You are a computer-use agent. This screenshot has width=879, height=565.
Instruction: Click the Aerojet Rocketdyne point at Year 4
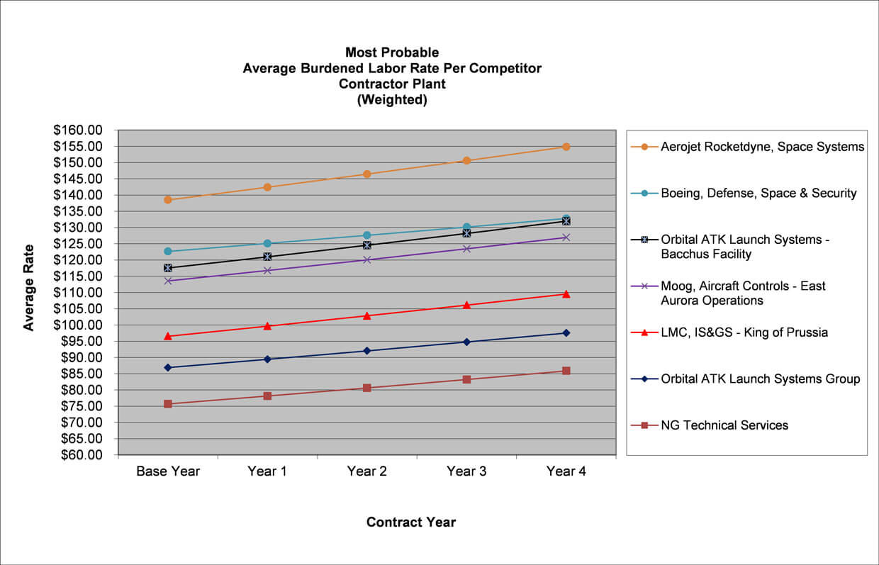(x=566, y=147)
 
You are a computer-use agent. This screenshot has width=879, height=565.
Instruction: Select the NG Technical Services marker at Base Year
(x=168, y=404)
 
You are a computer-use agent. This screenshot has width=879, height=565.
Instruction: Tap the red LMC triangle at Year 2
(x=367, y=316)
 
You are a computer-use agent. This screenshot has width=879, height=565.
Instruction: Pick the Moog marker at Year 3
(x=466, y=249)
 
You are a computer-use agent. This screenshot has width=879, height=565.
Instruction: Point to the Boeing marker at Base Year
(x=168, y=251)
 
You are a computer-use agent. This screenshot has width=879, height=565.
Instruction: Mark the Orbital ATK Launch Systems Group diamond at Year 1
(x=267, y=359)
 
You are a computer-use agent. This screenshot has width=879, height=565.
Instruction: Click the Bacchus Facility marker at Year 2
(x=367, y=245)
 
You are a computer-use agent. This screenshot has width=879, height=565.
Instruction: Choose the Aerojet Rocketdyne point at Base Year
(x=168, y=200)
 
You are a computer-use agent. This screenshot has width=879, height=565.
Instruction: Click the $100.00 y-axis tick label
(x=78, y=325)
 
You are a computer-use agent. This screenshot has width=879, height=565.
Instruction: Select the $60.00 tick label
(x=82, y=454)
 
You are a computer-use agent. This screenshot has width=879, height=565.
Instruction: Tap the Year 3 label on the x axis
(x=466, y=471)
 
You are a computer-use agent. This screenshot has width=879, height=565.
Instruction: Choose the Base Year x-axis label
(x=168, y=471)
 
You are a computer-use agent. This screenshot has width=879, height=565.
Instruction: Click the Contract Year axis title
(x=411, y=522)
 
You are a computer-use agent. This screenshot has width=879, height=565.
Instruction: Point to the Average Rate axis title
(x=28, y=288)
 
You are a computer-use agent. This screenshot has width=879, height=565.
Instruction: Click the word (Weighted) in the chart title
(x=392, y=100)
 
